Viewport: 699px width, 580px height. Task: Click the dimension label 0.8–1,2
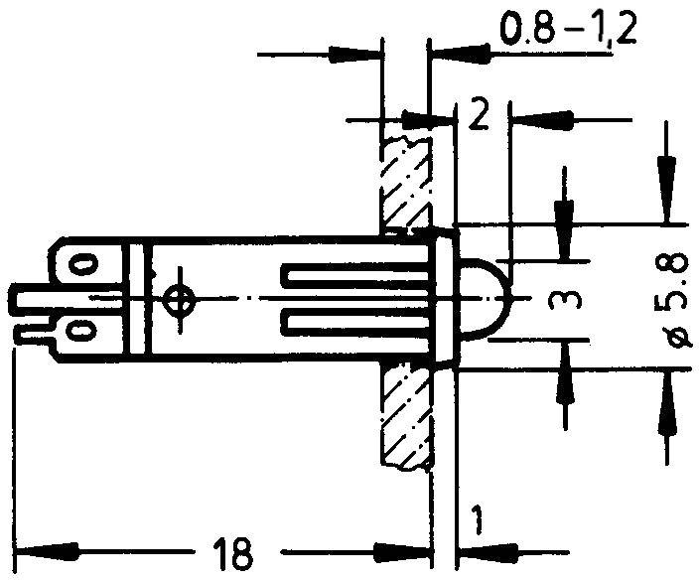coord(566,31)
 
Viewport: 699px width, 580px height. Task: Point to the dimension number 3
coord(565,298)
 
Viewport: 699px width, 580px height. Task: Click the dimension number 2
coord(480,119)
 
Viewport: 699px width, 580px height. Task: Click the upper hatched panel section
coord(405,179)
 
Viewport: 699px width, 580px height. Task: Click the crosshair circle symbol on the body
coord(179,298)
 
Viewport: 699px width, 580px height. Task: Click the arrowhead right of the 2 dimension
coord(536,120)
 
